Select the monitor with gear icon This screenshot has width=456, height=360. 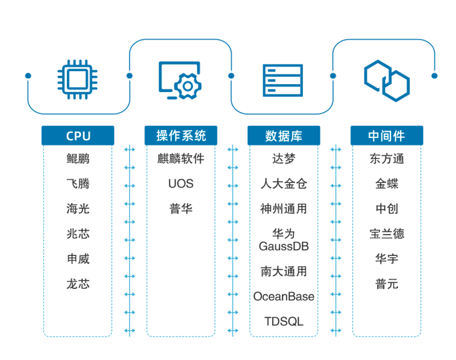pos(180,79)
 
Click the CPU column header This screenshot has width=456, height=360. pos(78,135)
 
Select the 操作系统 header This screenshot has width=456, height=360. pos(181,135)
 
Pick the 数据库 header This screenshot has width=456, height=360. pos(284,135)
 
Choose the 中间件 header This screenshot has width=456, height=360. pos(386,135)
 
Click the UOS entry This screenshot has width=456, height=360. pos(181,184)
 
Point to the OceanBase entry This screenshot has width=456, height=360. pos(284,296)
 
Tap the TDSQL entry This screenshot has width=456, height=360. pos(284,321)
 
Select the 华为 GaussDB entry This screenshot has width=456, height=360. pos(284,240)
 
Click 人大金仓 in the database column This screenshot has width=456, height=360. pos(284,184)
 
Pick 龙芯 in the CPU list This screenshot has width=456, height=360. pos(78,284)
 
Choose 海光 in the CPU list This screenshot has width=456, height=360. pos(78,209)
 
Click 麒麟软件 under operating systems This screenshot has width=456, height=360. pos(181,159)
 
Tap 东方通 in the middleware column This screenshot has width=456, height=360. pos(386,159)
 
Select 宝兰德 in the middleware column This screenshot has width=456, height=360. pos(386,234)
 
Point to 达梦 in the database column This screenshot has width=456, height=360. pos(284,159)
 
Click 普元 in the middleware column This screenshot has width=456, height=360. pos(386,284)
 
